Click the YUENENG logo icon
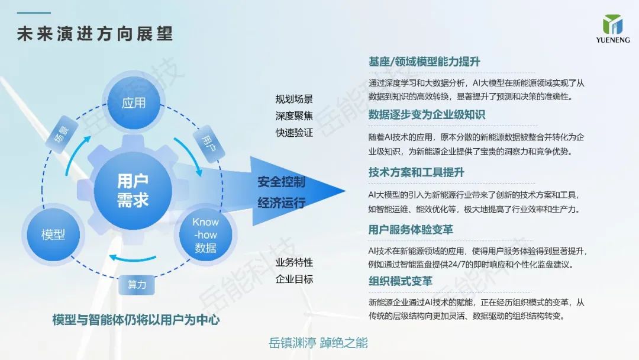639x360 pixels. click(x=612, y=24)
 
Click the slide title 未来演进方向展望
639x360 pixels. click(x=95, y=33)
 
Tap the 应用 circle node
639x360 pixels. click(x=133, y=103)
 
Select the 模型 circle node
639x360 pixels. click(x=53, y=234)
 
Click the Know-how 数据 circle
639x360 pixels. click(x=205, y=235)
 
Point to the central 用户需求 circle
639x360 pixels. click(x=133, y=191)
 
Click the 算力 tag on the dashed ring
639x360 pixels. click(x=137, y=285)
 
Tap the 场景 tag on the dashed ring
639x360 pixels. click(x=62, y=134)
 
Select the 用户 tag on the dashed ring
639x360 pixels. click(x=209, y=144)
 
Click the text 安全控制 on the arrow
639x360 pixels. click(x=281, y=182)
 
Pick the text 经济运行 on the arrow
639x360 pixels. click(x=281, y=202)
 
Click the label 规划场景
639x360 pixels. click(x=294, y=99)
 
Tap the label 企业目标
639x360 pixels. click(x=294, y=279)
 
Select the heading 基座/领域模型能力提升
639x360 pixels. click(x=424, y=62)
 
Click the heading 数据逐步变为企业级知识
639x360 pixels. click(x=427, y=114)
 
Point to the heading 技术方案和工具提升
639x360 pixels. click(x=416, y=172)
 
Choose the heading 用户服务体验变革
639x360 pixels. click(x=411, y=230)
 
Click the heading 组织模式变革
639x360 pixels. click(x=400, y=281)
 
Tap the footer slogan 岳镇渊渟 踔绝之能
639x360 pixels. click(x=318, y=343)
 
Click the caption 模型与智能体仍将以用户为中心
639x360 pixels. click(x=136, y=320)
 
